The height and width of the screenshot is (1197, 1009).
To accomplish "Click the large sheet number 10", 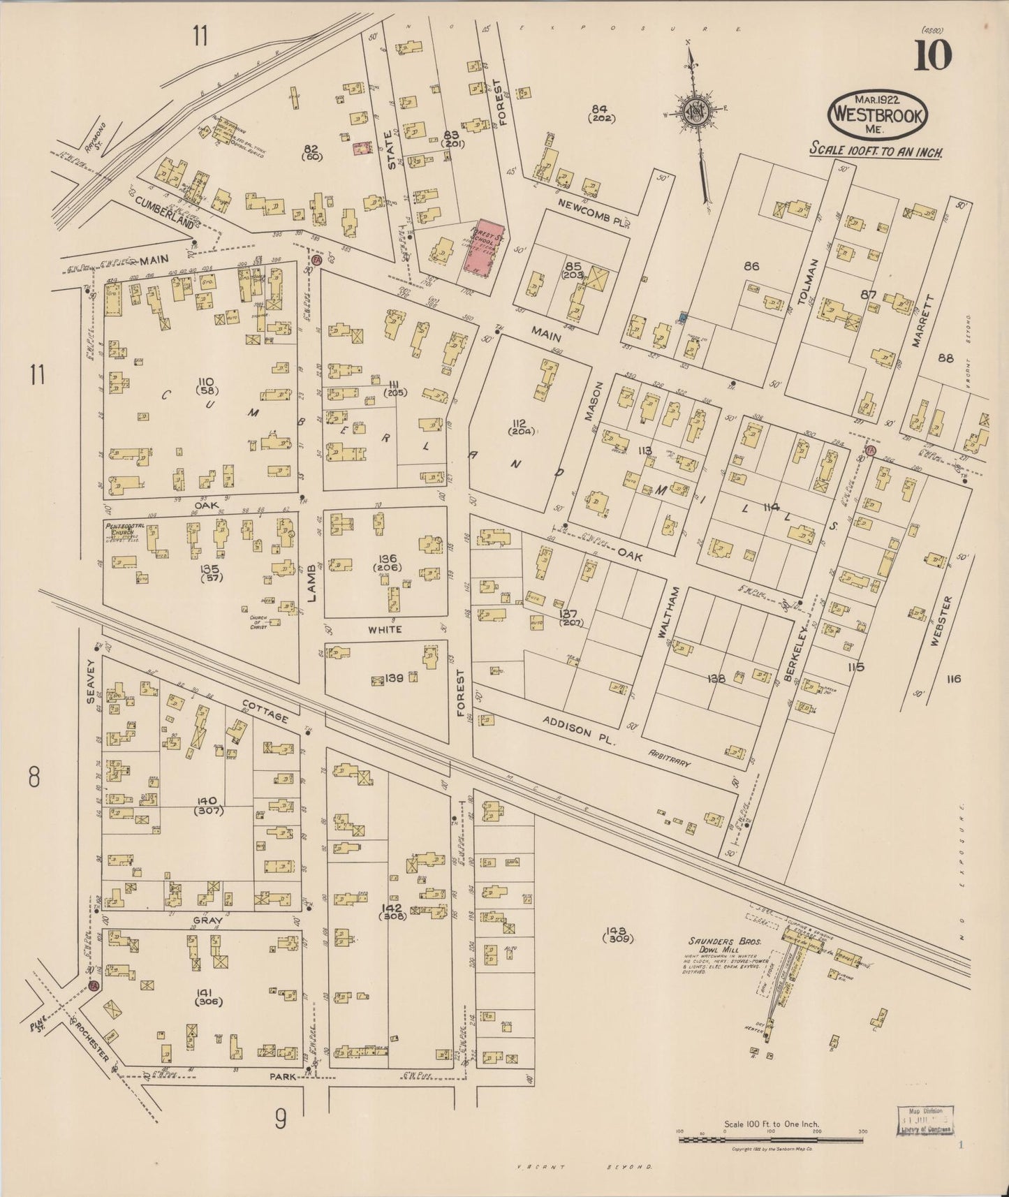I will click(x=933, y=55).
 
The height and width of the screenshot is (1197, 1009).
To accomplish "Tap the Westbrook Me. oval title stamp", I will click(x=878, y=116).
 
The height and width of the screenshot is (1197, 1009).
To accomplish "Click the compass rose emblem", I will click(x=695, y=109).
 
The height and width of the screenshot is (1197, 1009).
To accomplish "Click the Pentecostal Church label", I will click(x=124, y=529).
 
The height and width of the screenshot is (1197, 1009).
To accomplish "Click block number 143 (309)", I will click(x=620, y=934).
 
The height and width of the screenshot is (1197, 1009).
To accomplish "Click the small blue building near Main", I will click(x=682, y=318).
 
